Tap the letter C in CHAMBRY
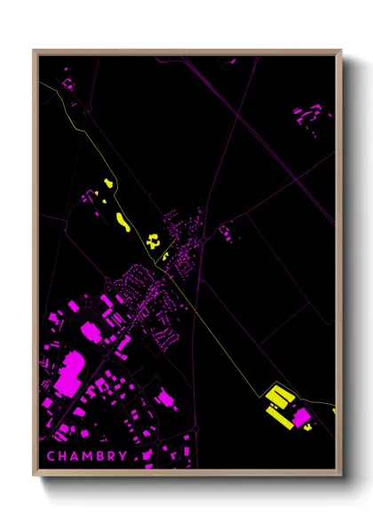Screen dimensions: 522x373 (51, 456)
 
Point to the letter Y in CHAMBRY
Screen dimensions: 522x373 (121, 456)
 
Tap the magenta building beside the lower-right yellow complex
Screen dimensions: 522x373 (302, 415)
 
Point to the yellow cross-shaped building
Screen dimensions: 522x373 (154, 240)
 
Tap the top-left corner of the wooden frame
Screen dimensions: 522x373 (35, 51)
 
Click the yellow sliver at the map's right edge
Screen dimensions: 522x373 (334, 410)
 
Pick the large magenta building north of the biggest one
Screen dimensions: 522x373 (90, 331)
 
